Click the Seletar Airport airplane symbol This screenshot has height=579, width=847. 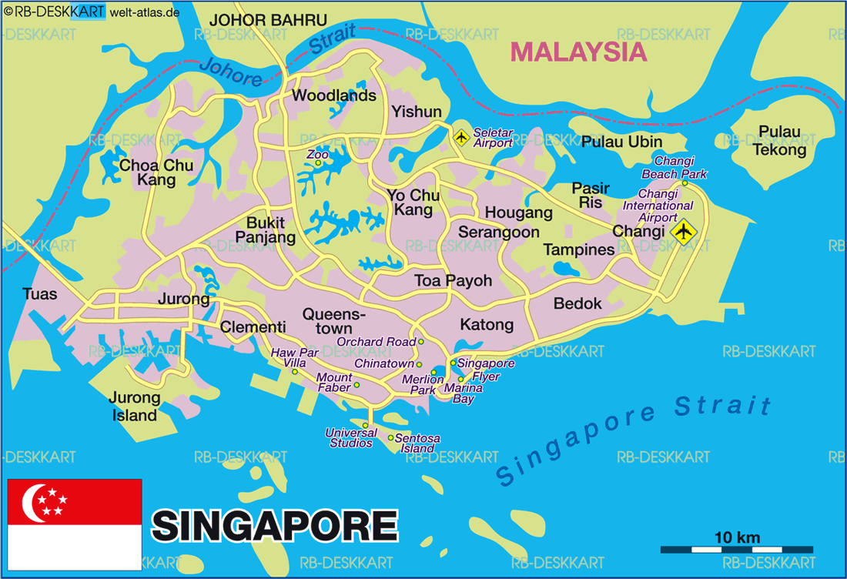point(461,138)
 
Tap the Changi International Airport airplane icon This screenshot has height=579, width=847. point(682,231)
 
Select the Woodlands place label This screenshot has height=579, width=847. point(334,95)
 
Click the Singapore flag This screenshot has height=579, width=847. point(74,524)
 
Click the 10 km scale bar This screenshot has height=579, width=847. point(737,549)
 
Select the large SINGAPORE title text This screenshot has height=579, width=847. point(274,526)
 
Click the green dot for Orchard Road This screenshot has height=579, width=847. point(421,341)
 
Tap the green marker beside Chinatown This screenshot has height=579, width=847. point(420,364)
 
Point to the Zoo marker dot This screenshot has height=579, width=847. point(317,162)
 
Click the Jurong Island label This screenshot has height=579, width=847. point(134,407)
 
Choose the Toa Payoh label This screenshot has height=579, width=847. point(453,280)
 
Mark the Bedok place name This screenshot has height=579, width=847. point(577,303)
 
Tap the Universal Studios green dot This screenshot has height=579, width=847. point(365,424)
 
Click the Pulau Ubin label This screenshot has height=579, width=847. point(621,142)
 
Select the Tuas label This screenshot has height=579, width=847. point(40,294)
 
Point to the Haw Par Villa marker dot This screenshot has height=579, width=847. point(294,372)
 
